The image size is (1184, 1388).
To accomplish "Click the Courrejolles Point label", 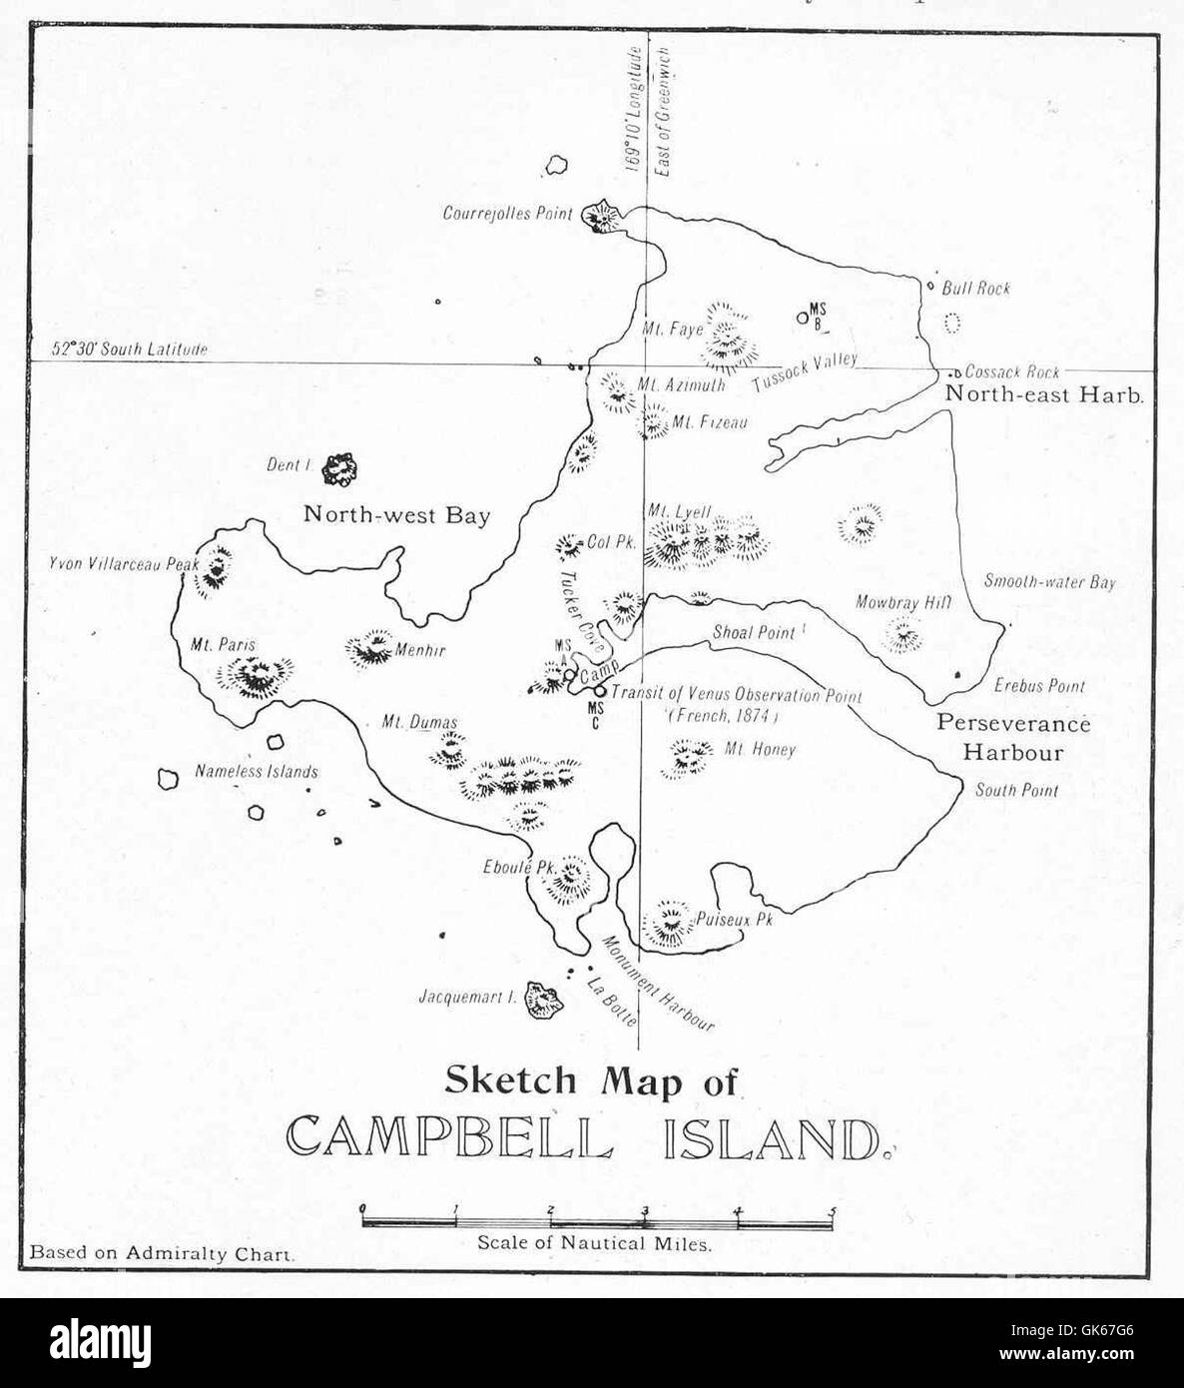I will (x=508, y=213).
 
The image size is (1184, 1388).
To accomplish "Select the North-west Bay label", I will (x=396, y=515).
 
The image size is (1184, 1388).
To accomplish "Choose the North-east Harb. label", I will (x=1043, y=394).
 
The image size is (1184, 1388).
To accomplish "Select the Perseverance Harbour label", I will (x=1012, y=737).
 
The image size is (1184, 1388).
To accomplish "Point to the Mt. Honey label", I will (x=760, y=748).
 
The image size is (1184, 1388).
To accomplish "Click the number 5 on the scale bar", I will (x=832, y=1212).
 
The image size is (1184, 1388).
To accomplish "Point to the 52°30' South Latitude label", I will (x=130, y=349).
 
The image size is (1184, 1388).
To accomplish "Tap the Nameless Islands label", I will (x=256, y=771).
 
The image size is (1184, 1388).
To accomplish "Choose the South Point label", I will (x=1016, y=790).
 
